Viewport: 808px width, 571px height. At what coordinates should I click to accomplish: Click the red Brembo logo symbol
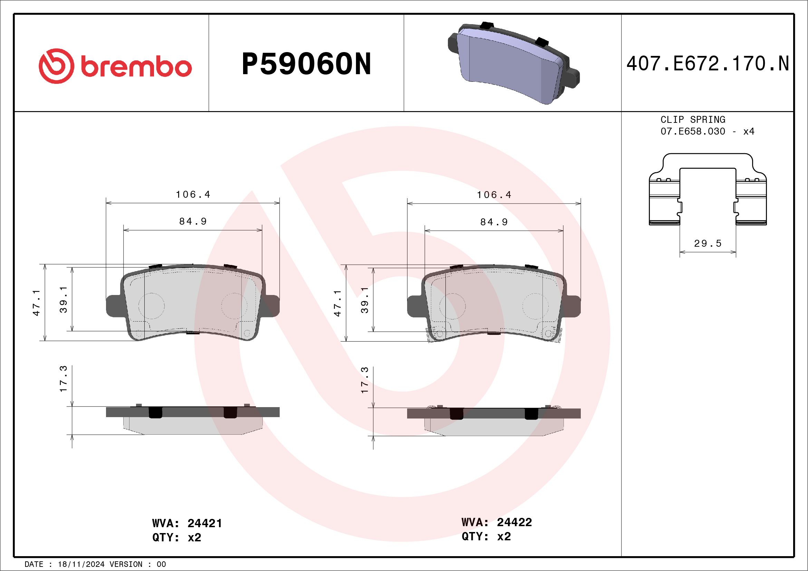56,66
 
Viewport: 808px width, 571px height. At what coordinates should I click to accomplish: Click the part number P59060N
306,64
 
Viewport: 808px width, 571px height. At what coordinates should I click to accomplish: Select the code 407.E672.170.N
708,64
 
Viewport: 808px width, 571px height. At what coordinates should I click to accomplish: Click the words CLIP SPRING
693,119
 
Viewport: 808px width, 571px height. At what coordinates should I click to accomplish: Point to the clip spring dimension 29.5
708,243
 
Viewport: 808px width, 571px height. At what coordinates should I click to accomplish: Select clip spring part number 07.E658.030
693,131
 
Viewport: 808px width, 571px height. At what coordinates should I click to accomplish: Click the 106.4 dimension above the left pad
193,195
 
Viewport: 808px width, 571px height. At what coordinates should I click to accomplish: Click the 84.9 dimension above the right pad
494,222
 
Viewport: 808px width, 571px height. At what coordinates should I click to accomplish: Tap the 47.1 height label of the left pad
36,303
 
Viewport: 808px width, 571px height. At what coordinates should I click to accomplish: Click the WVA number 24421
204,523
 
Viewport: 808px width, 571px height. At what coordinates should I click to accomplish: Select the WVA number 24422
514,522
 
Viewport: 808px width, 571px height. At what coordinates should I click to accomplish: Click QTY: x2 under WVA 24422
486,536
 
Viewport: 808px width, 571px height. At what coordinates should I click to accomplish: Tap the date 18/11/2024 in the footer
81,564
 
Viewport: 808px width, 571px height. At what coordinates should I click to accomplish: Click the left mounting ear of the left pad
113,305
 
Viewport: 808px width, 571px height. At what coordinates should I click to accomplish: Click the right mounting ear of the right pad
573,306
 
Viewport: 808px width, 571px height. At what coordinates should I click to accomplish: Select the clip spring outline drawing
708,190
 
